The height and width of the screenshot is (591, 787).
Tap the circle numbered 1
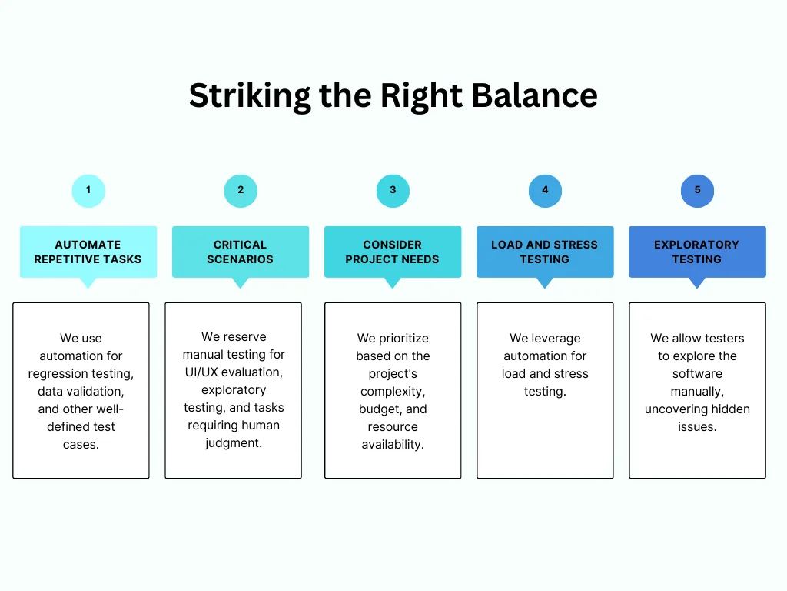[x=88, y=190]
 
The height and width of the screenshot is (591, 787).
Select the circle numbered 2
[x=241, y=190]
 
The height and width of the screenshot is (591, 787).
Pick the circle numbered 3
[x=393, y=190]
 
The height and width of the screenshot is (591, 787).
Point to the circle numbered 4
[x=545, y=190]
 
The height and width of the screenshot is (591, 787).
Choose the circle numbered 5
[x=697, y=190]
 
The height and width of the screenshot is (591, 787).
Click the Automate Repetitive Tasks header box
[x=88, y=252]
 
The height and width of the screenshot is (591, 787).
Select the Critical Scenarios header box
[x=241, y=252]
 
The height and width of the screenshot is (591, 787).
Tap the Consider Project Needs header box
[x=393, y=252]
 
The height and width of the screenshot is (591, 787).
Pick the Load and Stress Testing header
[x=545, y=252]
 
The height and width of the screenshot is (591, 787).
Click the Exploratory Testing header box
[x=697, y=252]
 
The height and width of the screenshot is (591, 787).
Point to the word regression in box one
[x=55, y=374]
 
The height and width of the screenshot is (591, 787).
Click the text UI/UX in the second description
[x=203, y=372]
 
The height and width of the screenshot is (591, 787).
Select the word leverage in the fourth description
[x=556, y=339]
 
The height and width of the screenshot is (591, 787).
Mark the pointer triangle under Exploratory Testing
[x=697, y=282]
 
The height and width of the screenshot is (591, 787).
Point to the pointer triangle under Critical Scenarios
[x=241, y=282]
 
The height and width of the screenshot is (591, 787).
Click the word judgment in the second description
[x=234, y=443]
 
